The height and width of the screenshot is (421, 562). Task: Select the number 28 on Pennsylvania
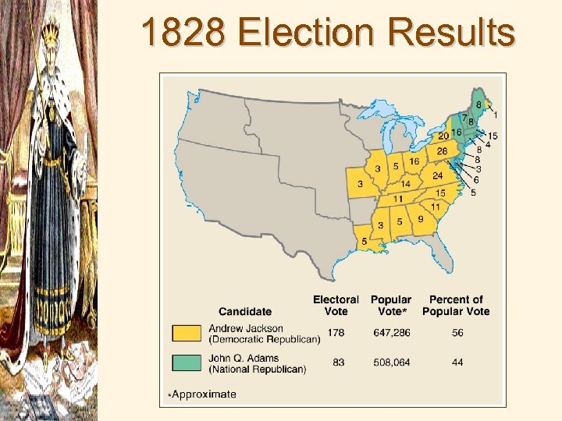pos(442,150)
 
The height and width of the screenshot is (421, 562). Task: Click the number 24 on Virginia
pos(438,175)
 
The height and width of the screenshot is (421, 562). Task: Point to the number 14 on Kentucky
pos(406,185)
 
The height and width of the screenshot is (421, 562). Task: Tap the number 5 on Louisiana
pos(364,242)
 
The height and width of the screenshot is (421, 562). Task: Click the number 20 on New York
pos(443,136)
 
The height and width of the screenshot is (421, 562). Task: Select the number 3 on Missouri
pos(360,184)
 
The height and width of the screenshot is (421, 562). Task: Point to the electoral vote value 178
pos(336,333)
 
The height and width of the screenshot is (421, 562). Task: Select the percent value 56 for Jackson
pos(456,333)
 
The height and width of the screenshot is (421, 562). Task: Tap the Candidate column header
pos(245,312)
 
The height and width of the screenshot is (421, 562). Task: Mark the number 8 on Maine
pos(478,105)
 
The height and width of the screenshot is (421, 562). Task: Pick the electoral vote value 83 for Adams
pos(338,363)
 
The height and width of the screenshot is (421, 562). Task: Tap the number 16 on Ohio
pos(414,161)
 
